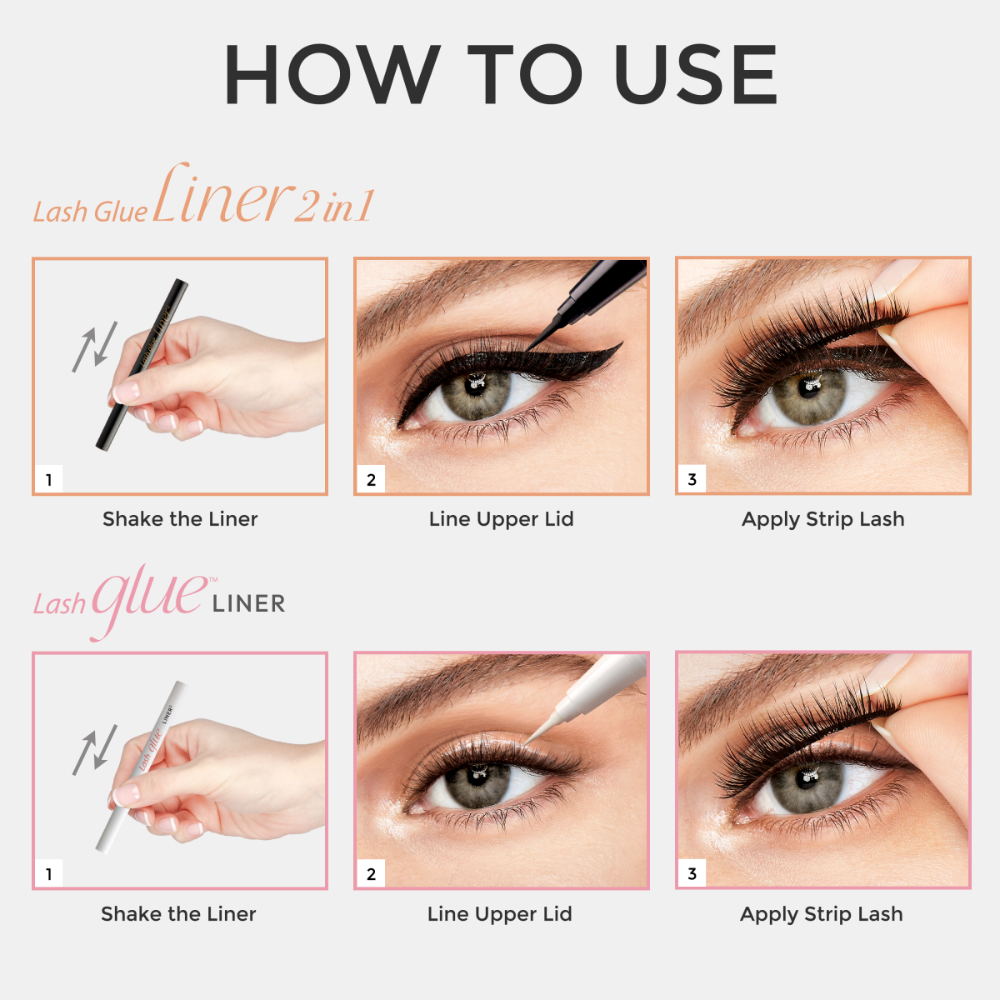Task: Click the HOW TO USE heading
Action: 500,75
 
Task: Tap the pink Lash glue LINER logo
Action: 158,600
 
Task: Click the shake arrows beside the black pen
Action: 94,346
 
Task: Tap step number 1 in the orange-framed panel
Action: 49,479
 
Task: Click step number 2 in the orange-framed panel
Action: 371,479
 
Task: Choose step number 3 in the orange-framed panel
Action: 692,479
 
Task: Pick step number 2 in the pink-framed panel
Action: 371,874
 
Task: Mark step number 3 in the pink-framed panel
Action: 692,874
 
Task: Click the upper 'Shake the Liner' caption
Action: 180,519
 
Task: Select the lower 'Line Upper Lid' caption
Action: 500,914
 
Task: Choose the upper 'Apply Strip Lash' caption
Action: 822,519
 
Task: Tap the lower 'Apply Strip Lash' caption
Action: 821,914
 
